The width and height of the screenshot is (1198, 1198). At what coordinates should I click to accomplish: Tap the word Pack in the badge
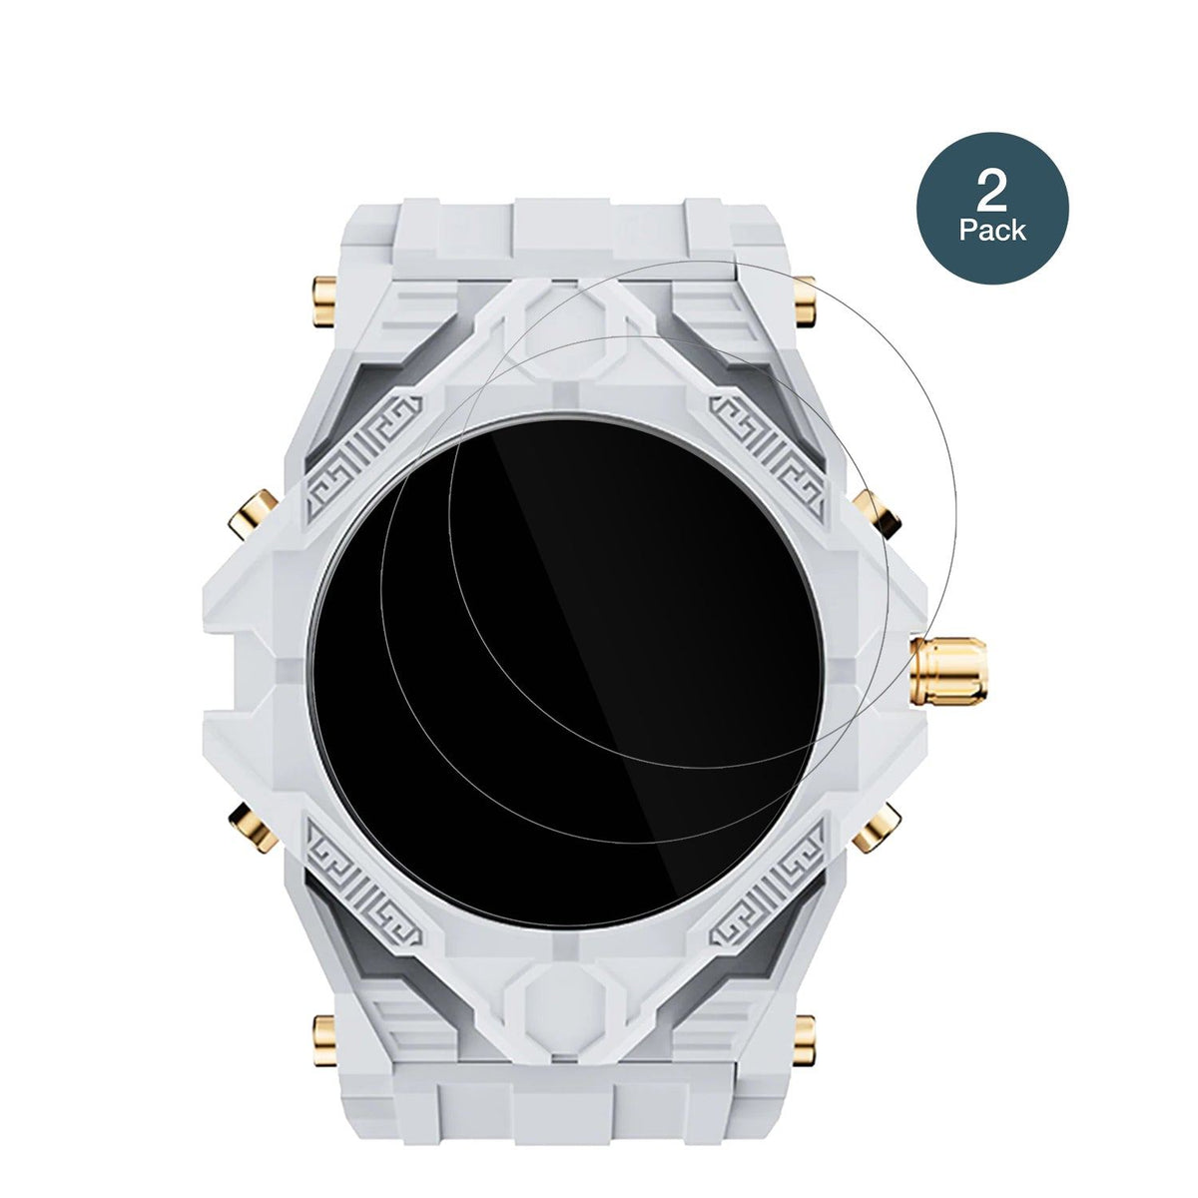[x=992, y=231]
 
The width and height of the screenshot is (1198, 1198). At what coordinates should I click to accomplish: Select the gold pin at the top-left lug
[x=324, y=301]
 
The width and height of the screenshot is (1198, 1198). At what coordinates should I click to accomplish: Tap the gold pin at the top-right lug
[x=805, y=301]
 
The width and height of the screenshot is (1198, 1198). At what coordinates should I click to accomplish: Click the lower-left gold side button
[x=253, y=827]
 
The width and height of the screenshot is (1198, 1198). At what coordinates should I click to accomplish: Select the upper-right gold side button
[x=877, y=513]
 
